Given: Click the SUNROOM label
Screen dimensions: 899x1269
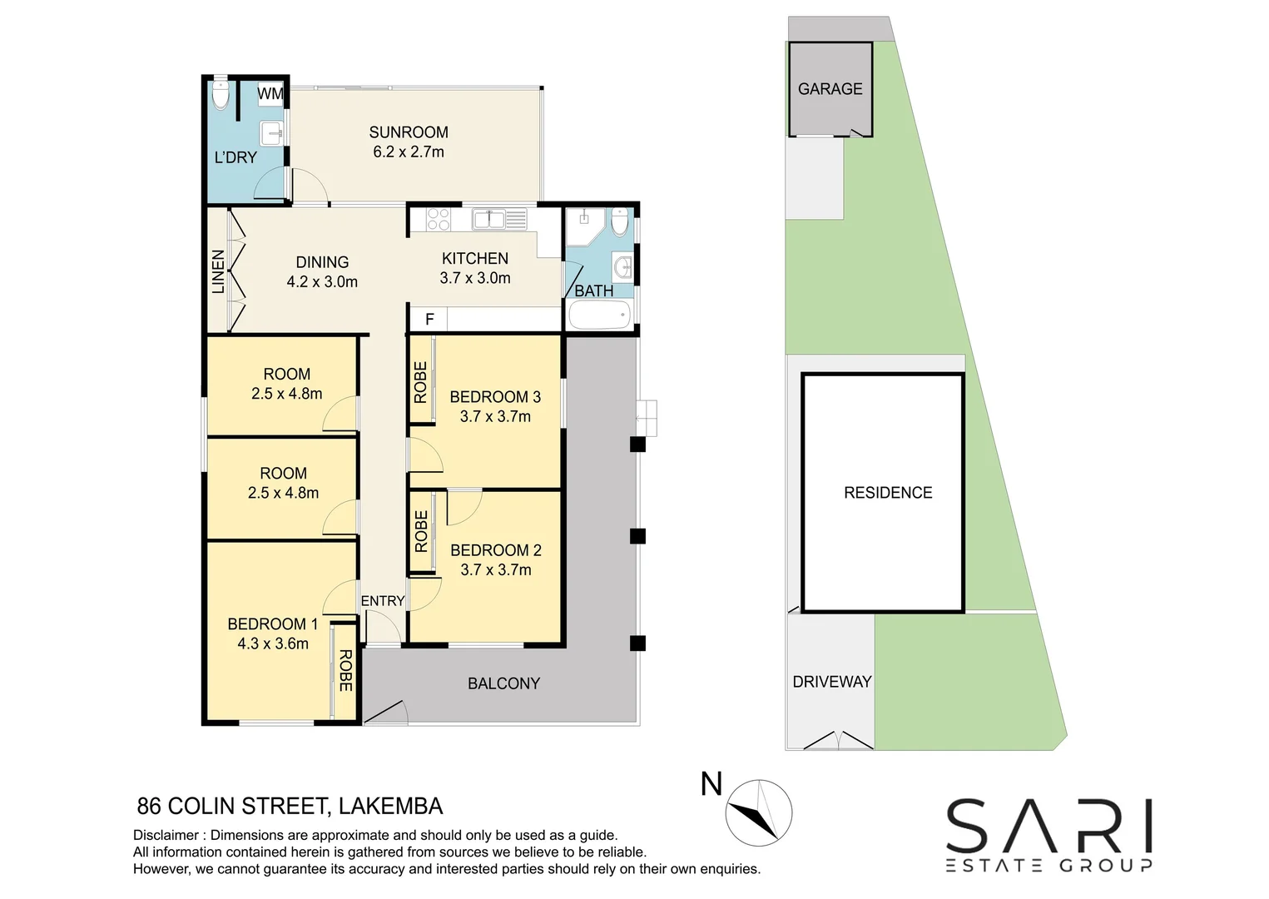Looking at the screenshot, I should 409,132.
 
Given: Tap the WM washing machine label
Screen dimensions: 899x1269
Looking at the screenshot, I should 270,94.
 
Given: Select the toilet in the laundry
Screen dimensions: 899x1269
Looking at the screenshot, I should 220,94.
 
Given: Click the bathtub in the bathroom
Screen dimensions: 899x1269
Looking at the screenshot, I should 599,316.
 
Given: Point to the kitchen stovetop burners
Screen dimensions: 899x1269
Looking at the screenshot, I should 438,219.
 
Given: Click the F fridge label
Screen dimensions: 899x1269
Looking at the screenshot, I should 429,320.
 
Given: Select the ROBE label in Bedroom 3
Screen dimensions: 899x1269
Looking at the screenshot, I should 420,382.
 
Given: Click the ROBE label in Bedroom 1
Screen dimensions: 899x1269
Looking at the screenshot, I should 345,671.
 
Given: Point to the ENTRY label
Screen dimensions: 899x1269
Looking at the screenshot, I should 383,601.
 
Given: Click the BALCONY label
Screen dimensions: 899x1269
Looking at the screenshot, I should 503,683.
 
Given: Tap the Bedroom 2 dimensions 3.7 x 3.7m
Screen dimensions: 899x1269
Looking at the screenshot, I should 496,570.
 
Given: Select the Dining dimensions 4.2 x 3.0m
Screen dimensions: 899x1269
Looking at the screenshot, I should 322,282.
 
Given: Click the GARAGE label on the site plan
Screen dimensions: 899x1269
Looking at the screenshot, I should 830,89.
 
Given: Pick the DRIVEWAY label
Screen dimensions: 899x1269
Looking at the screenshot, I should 831,682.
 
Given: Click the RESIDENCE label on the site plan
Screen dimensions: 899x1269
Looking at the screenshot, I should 888,493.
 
